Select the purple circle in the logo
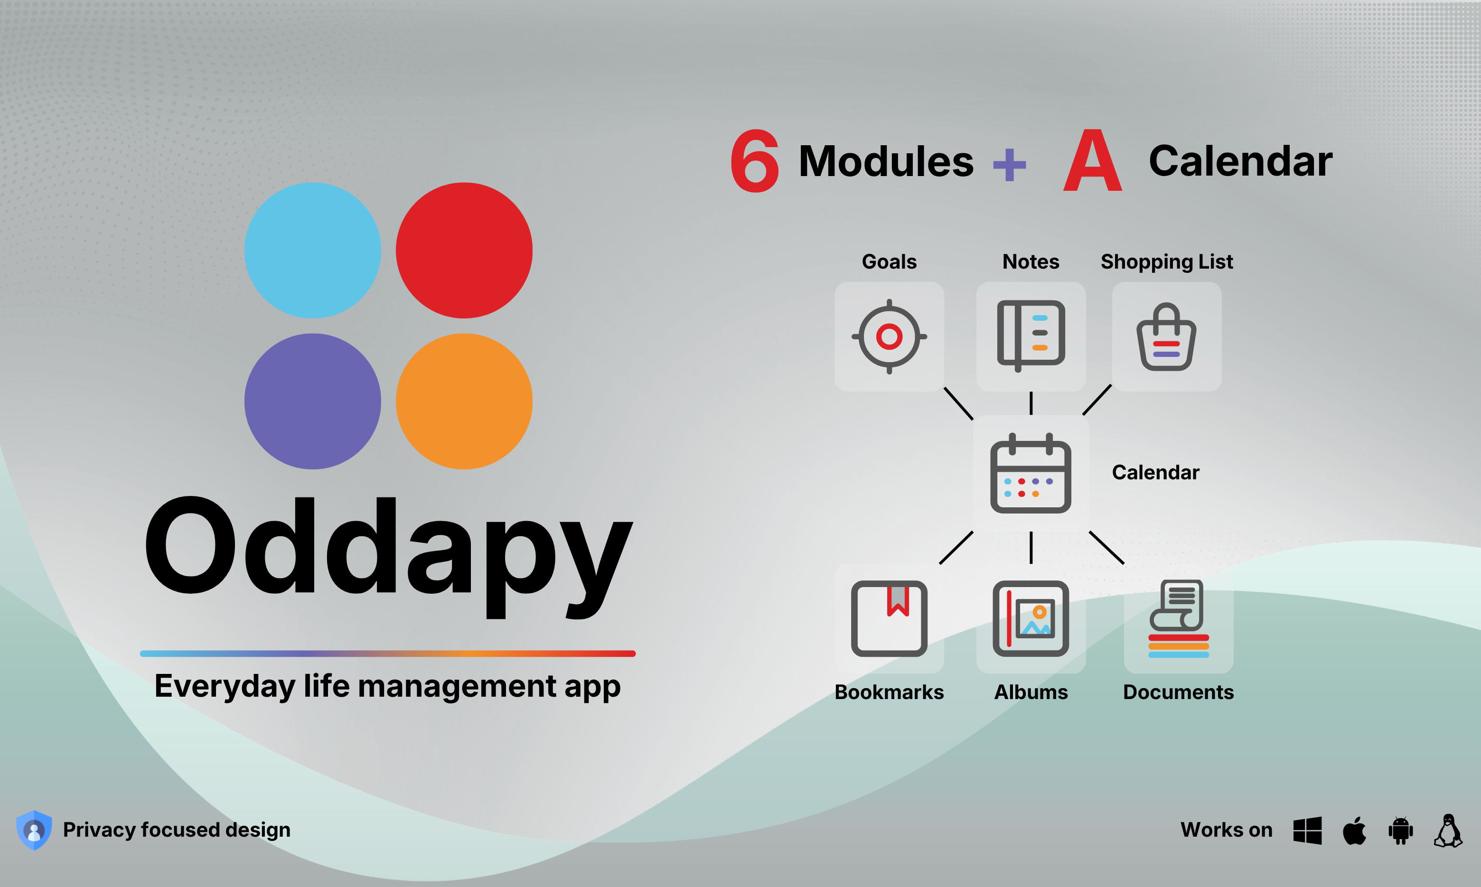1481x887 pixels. coord(312,401)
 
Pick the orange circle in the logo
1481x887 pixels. coord(464,401)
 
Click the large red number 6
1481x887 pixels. coord(755,161)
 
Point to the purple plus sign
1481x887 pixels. coord(1010,164)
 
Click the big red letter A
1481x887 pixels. coord(1093,161)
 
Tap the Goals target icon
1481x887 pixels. coord(890,336)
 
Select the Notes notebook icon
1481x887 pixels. coord(1031,336)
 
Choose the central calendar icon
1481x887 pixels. coord(1031,473)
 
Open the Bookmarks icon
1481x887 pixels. coord(890,619)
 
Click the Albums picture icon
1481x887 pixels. coord(1031,619)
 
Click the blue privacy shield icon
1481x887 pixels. coord(34,830)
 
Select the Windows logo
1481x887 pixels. coord(1307,830)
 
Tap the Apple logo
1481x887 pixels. coord(1354,830)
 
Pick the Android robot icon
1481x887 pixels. coord(1401,830)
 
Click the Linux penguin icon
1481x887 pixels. coord(1448,830)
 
